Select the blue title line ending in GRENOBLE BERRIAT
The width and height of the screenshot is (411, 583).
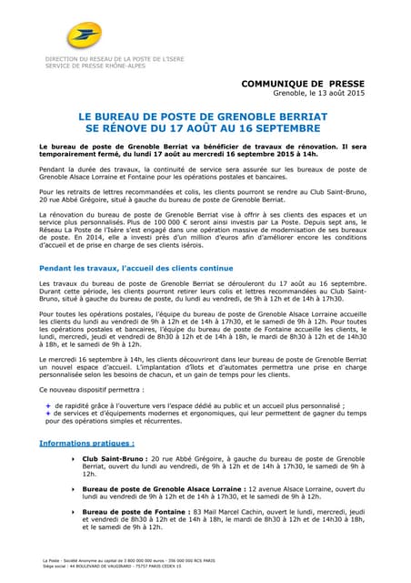click(x=205, y=118)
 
